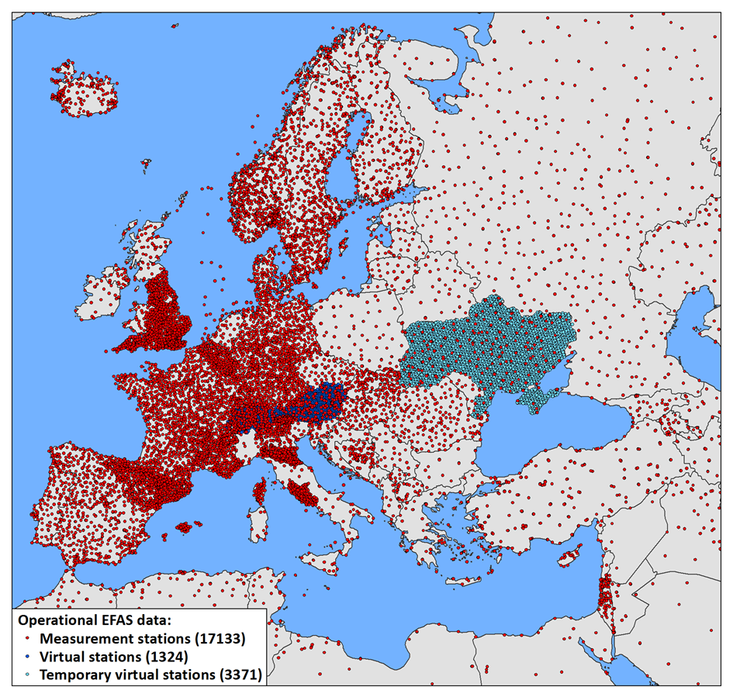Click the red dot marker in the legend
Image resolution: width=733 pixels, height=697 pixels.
[x=28, y=640]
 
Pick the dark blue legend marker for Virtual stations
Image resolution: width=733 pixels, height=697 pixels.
[x=28, y=657]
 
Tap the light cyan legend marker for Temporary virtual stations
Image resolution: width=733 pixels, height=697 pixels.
[x=28, y=675]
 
